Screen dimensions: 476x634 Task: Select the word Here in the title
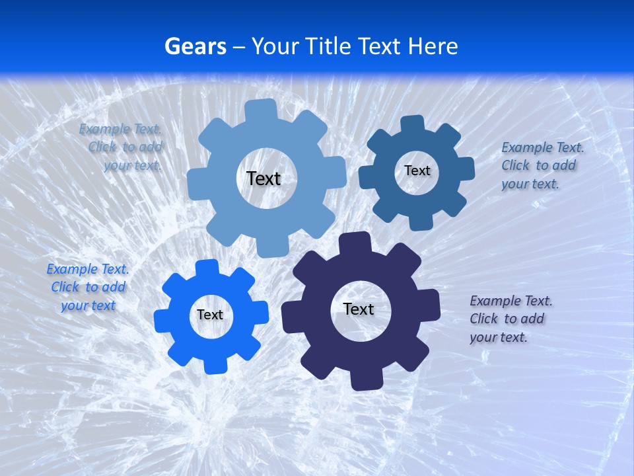pos(433,46)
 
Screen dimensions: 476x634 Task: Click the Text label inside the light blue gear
pos(264,178)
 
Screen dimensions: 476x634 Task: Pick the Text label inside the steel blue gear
pos(417,171)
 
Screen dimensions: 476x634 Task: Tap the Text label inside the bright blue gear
pos(210,315)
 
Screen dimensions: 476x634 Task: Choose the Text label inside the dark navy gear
pos(359,309)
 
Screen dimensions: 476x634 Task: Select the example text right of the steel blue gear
pos(542,165)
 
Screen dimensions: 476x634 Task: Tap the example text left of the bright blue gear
pos(88,287)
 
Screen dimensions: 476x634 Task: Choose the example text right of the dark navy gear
pos(511,319)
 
